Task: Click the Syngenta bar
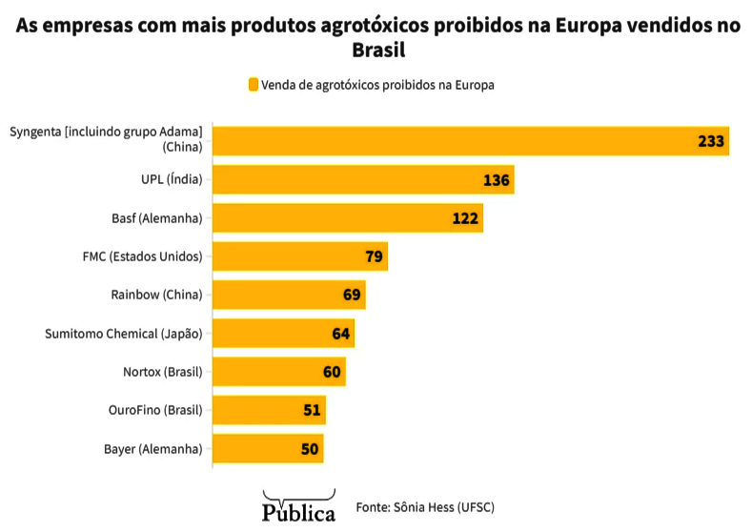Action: [471, 141]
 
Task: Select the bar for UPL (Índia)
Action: [363, 179]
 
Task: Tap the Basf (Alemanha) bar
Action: [348, 218]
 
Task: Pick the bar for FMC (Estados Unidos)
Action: [300, 256]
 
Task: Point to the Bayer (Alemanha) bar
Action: [268, 448]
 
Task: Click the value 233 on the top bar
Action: [711, 141]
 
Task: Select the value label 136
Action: [497, 180]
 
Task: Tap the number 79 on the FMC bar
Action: [375, 256]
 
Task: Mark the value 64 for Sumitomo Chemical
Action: [341, 334]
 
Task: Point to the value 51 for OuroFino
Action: [312, 410]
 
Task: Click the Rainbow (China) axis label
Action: [156, 295]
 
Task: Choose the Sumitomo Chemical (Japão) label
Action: [124, 334]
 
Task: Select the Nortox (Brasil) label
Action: [163, 372]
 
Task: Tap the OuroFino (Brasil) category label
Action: [155, 410]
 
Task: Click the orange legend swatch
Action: [253, 85]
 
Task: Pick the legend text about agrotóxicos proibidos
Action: [377, 85]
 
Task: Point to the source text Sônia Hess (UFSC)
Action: [425, 506]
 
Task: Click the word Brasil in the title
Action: [375, 49]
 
